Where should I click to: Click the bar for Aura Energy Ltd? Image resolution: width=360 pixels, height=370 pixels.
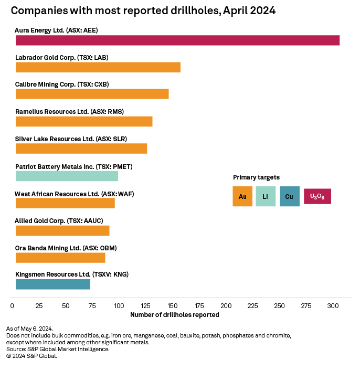(x=177, y=40)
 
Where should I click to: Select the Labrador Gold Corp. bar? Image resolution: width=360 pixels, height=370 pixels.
(x=98, y=67)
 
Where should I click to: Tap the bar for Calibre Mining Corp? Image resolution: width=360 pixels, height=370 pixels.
(x=92, y=94)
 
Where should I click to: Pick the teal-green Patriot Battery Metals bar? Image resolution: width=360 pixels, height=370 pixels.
(x=67, y=176)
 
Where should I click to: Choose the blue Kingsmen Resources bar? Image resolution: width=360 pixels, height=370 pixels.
(x=52, y=284)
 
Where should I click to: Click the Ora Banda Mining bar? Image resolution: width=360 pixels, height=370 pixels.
(x=60, y=257)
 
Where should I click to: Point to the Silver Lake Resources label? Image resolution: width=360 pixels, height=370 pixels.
(x=71, y=139)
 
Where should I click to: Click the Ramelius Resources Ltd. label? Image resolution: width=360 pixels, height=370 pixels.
(x=69, y=111)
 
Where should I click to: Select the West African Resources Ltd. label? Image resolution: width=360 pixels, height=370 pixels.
(x=74, y=194)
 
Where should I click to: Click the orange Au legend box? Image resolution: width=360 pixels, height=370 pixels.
(x=242, y=196)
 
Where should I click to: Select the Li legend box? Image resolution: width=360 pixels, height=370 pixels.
(x=266, y=196)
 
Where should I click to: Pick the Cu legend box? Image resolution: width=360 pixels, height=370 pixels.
(x=289, y=196)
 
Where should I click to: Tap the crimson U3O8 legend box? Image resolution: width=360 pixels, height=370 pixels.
(x=317, y=196)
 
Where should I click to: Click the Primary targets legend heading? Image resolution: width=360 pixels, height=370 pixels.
(x=256, y=177)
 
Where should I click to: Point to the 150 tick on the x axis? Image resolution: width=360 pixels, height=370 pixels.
(x=172, y=305)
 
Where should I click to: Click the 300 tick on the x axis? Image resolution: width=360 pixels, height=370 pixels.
(x=332, y=305)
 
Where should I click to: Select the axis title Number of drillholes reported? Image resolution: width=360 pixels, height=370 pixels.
(x=174, y=315)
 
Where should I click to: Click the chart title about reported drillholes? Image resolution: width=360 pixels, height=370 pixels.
(x=143, y=10)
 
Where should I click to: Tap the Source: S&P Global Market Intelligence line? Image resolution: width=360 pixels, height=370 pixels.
(x=58, y=349)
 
